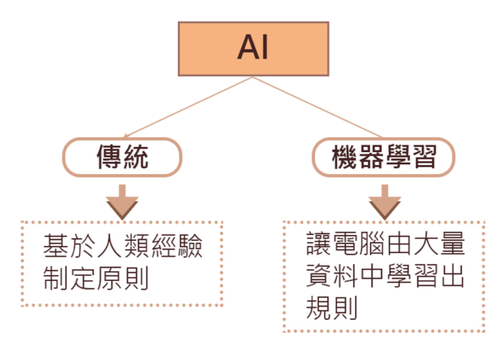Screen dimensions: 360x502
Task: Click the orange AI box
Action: point(253,48)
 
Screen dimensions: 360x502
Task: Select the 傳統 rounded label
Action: point(123,156)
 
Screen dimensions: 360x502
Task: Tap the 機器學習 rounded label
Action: point(384,156)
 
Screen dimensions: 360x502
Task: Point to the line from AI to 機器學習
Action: point(316,105)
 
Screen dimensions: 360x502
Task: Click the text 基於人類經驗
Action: point(123,248)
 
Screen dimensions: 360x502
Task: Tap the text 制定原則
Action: point(95,278)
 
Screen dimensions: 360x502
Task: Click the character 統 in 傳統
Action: point(136,156)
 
